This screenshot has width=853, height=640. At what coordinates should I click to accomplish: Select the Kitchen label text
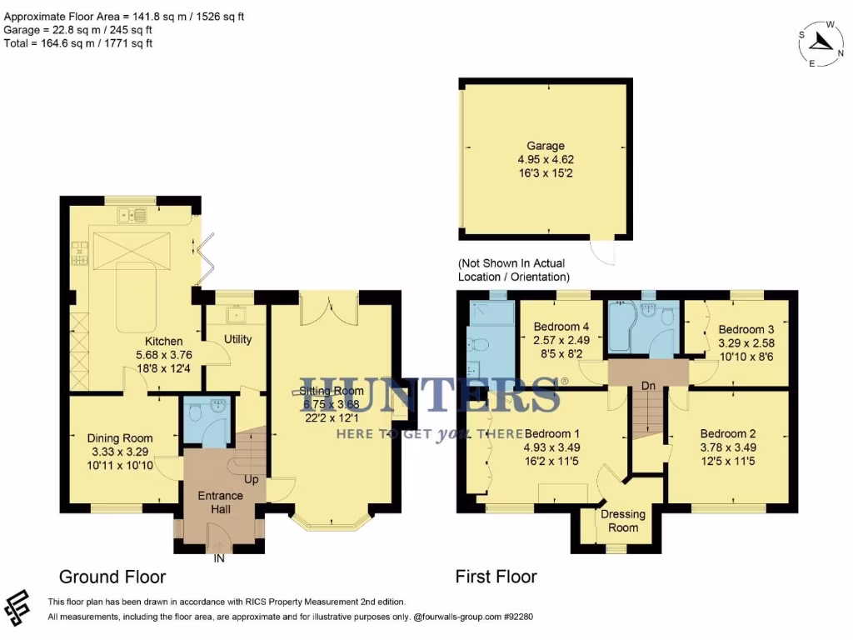(164, 342)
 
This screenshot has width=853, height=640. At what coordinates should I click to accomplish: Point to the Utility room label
(237, 339)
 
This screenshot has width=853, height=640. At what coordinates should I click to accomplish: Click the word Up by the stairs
(251, 480)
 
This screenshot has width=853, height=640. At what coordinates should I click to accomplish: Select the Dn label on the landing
(646, 386)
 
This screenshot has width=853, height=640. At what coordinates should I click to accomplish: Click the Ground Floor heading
(112, 577)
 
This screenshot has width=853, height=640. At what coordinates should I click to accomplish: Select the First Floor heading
(496, 577)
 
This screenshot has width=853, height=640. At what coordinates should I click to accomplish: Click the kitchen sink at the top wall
(132, 216)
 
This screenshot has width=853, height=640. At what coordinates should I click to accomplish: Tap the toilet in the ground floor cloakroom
(196, 412)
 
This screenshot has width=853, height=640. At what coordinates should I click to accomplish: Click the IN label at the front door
(220, 558)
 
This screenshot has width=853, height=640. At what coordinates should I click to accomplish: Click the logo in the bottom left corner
(19, 609)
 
